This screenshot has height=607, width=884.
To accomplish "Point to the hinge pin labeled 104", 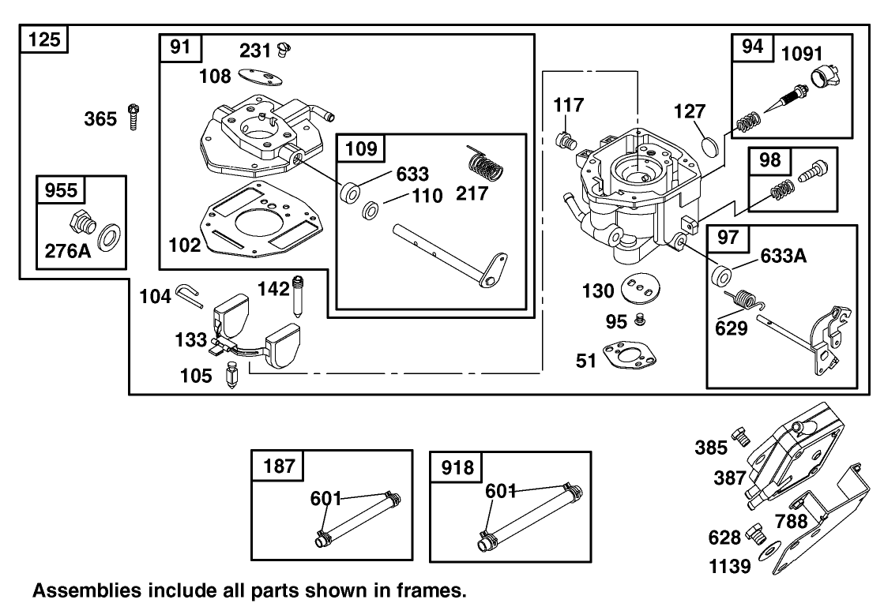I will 190,294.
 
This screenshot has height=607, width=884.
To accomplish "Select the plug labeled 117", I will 564,140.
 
